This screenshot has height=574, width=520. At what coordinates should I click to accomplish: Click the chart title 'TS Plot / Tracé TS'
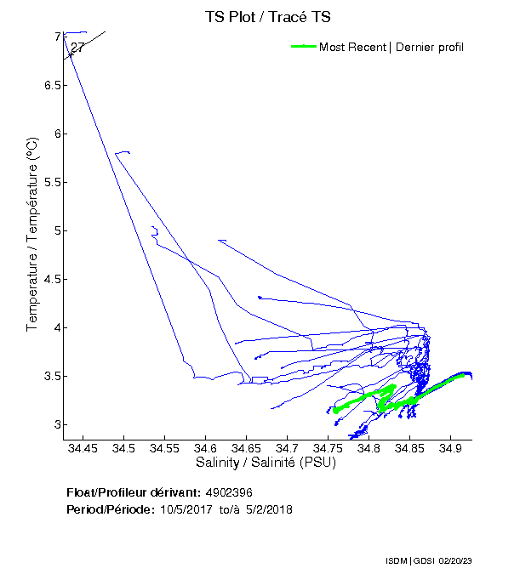click(267, 17)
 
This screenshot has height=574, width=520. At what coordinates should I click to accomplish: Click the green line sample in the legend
click(303, 47)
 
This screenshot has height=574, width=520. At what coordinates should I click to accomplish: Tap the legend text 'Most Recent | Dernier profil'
click(391, 47)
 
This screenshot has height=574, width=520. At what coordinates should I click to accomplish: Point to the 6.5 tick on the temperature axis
click(44, 86)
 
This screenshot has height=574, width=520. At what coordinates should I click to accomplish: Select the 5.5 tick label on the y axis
click(44, 183)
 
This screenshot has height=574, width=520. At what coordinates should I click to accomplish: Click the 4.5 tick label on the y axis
click(44, 280)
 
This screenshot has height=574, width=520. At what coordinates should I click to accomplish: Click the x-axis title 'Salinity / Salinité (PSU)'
click(266, 463)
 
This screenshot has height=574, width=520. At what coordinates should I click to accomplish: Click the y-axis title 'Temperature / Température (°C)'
click(32, 235)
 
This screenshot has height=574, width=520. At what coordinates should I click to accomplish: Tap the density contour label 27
click(77, 48)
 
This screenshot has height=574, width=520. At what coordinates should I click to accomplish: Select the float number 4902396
click(229, 492)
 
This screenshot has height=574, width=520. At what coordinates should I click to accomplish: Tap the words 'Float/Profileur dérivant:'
click(134, 492)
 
